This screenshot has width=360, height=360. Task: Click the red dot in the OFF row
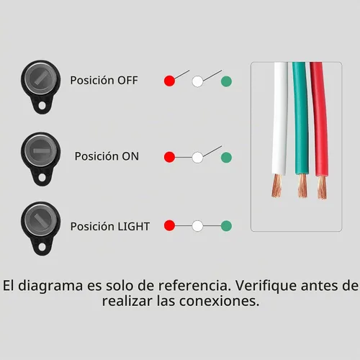pos(169,81)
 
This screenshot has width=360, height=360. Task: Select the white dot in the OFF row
pos(197,81)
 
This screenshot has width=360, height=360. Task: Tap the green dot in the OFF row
pos(226,81)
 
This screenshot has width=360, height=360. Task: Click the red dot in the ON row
pos(169,157)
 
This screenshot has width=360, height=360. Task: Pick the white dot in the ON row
pos(197,158)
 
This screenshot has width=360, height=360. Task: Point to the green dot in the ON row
pos(226,158)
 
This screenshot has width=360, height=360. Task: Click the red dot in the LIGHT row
pos(169,225)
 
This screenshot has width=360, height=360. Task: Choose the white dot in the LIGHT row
pos(197,226)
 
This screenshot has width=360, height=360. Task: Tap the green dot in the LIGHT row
pos(226,226)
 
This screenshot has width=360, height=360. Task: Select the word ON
pos(130,156)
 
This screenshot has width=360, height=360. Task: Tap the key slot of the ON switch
pos(42,150)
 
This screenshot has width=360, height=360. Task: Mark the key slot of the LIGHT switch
pos(41,220)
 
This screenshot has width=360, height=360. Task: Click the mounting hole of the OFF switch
pos(42,105)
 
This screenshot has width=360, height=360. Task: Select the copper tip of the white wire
pos(277,185)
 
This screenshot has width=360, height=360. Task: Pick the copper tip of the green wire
pos(302,186)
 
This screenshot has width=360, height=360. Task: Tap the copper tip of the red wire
pos(322,187)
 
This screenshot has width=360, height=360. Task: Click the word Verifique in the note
pos(266,286)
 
